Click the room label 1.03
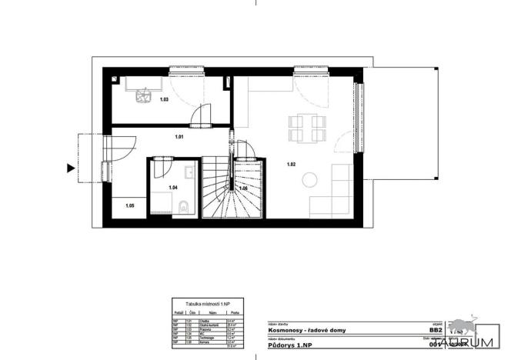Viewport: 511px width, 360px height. (164, 100)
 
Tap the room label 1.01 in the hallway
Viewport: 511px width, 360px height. (179, 138)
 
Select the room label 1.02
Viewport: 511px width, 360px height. (292, 165)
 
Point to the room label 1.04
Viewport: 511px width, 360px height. (173, 187)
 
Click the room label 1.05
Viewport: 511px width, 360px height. (130, 205)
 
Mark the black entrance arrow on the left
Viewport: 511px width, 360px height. (71, 168)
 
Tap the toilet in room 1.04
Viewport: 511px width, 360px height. (183, 205)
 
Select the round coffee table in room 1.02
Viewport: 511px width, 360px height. (309, 180)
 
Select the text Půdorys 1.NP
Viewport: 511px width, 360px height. (289, 345)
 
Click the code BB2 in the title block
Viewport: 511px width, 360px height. (436, 329)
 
